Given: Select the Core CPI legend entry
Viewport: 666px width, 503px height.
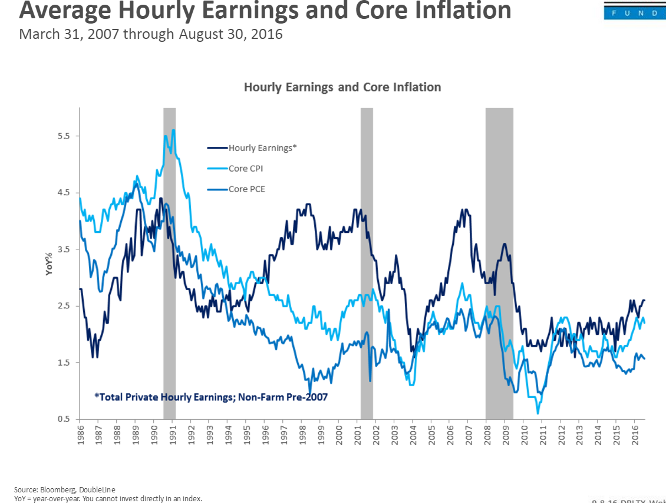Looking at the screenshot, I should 246,169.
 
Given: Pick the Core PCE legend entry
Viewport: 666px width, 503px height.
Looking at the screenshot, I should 246,189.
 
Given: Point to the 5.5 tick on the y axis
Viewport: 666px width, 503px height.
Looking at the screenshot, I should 64,136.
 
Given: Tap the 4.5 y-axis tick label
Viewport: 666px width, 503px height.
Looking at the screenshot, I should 64,193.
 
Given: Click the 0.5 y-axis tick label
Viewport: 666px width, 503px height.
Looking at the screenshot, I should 64,419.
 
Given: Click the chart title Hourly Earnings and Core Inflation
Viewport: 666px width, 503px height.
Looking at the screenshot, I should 342,87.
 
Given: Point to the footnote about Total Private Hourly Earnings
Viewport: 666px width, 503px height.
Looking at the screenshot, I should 211,397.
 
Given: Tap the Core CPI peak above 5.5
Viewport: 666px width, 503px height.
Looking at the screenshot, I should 173,130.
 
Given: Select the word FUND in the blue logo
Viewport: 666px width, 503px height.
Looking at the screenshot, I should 635,13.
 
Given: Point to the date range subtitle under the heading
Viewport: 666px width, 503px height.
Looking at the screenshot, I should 151,34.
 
